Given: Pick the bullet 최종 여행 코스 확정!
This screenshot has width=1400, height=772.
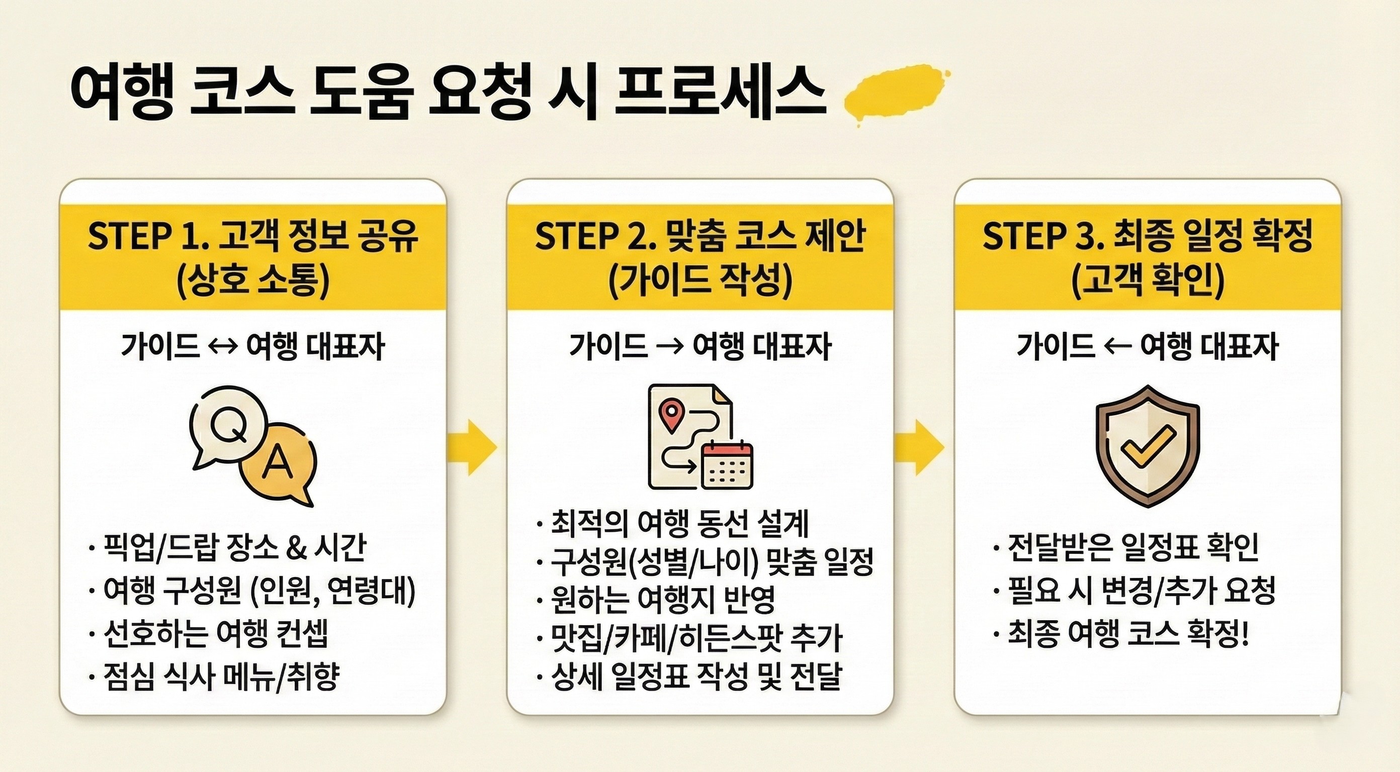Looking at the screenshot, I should (1128, 633).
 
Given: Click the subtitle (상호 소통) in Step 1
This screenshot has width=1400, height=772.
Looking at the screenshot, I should (253, 281).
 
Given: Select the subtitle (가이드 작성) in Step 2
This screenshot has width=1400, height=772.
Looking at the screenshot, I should (700, 281).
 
